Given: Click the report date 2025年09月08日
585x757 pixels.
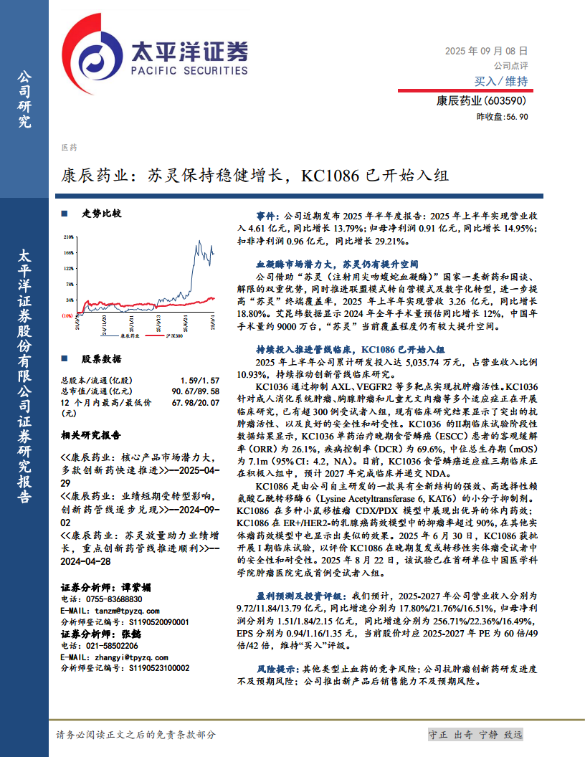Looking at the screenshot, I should coord(487,51).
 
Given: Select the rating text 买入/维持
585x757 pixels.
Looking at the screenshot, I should coord(501,81).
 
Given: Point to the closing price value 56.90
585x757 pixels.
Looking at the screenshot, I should coord(518,117).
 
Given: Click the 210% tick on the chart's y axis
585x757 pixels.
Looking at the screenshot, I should coord(69,236).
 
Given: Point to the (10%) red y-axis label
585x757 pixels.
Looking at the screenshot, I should coord(67,315).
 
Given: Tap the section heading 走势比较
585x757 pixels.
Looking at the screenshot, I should coord(101,213).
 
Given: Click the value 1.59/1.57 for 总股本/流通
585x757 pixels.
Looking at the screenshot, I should coord(200,379).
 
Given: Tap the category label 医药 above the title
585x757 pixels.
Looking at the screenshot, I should coord(69,148).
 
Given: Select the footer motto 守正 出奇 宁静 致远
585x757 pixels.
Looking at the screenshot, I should coord(475,735).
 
